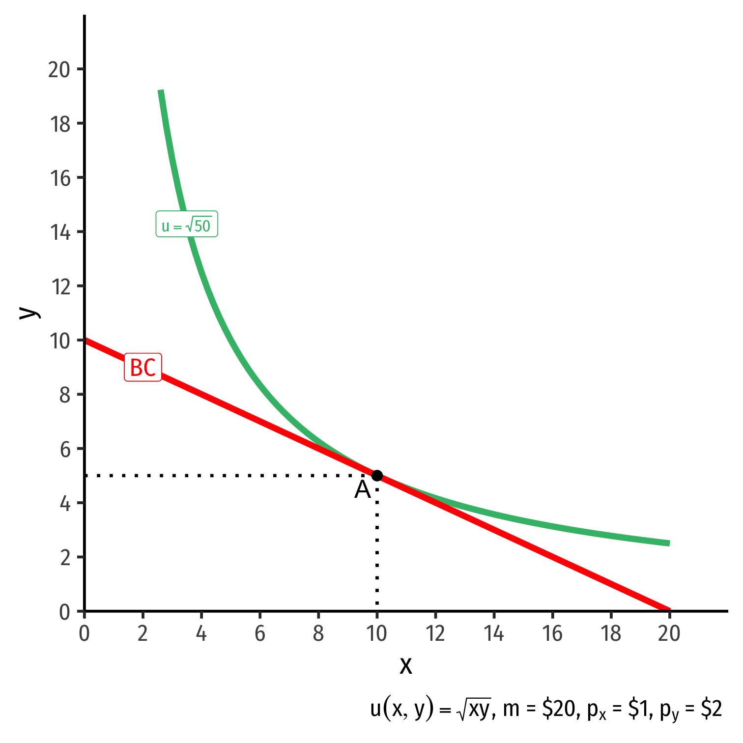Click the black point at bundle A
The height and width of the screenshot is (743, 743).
(x=377, y=475)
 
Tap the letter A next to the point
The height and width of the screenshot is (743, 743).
(x=363, y=490)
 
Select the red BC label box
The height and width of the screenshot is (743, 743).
(x=143, y=367)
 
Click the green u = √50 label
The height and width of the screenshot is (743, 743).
(x=187, y=224)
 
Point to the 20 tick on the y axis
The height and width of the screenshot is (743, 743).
(x=59, y=69)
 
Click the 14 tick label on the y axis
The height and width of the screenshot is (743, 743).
(x=60, y=232)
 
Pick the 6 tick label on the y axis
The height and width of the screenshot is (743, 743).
(x=65, y=449)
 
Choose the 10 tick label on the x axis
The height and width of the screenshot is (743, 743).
(x=377, y=634)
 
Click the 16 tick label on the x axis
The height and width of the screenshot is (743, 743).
(x=552, y=634)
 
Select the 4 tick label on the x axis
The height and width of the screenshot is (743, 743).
(x=201, y=634)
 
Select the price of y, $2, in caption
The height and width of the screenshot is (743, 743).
(x=711, y=709)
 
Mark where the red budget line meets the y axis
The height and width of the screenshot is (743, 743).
(x=85, y=340)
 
